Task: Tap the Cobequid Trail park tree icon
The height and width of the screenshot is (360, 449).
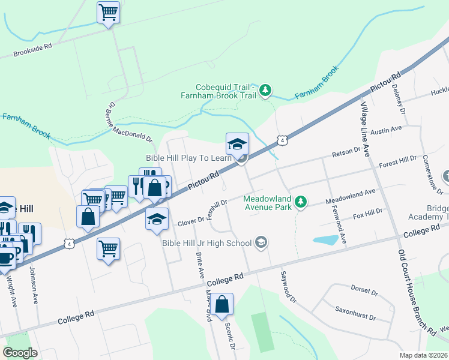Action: pos(266,91)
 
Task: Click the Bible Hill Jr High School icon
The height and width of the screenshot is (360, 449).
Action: pos(261,242)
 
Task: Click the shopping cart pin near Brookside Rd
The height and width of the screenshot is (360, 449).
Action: pos(108,12)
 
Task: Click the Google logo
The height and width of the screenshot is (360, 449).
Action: pos(20,353)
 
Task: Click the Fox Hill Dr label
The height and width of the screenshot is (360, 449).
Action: pos(367,214)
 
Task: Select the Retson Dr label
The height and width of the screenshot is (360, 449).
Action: pos(345,155)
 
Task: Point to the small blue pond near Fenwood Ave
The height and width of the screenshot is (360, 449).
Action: pos(325,240)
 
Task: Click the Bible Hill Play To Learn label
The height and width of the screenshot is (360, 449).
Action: pos(188,158)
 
